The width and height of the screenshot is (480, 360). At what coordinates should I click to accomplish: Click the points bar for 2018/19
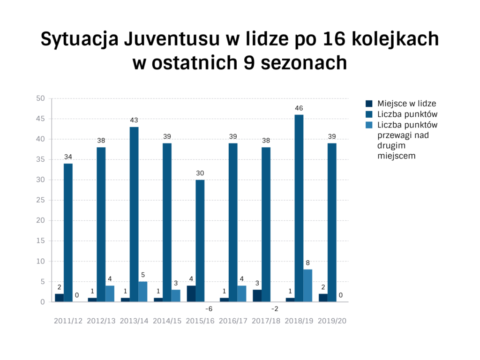(299, 208)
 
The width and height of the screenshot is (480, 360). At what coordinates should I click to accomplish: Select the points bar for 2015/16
(200, 240)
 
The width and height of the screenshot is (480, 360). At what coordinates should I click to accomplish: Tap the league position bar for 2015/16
(191, 293)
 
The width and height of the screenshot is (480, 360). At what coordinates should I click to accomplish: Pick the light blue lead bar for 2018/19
(307, 285)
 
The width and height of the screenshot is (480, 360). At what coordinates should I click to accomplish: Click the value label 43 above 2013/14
(134, 120)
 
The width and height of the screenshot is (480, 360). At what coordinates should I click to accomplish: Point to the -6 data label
(209, 309)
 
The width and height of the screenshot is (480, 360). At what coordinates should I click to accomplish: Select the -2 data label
(275, 309)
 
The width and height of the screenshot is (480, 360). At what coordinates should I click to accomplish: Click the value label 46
(299, 108)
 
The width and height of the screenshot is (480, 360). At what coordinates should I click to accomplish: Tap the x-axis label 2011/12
(68, 321)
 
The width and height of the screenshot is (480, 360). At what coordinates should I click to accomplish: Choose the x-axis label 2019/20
(332, 321)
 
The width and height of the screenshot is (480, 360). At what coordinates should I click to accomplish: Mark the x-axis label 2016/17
(233, 321)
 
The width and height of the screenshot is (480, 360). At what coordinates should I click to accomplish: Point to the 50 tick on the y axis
(40, 98)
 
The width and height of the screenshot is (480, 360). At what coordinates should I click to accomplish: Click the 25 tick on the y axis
(40, 200)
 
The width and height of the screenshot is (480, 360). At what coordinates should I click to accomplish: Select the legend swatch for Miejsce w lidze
(369, 104)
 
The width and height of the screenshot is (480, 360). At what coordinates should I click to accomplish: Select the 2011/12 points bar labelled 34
(68, 232)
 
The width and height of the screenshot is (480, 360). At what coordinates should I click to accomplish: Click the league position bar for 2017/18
(257, 296)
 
